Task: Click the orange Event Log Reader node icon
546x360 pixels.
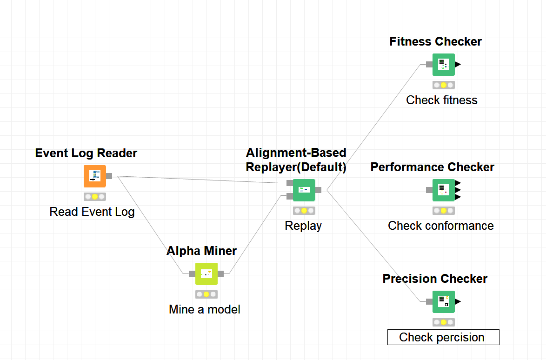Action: coord(95,176)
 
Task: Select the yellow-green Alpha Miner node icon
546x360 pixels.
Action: coord(206,274)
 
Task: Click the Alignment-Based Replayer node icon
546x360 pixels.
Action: coord(304,190)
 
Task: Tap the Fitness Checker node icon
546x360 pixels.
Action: coord(443,65)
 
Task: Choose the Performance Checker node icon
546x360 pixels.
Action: coord(443,190)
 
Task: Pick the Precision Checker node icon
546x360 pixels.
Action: coord(443,301)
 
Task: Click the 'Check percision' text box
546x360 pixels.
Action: coord(443,337)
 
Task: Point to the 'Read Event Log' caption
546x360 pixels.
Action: coord(92,212)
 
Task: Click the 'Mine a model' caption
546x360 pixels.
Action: coord(205,309)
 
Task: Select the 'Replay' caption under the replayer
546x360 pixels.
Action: coord(303,226)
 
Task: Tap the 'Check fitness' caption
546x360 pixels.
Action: coord(441,100)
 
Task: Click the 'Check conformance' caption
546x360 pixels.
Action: coord(440,226)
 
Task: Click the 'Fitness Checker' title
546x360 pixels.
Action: coord(435,42)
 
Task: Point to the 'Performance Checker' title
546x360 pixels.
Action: coord(432,167)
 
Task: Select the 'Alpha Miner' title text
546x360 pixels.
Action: coord(201,251)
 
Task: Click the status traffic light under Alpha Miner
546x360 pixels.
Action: coord(206,294)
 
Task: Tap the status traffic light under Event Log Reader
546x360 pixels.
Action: coord(95,197)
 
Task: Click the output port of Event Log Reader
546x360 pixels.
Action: coord(109,176)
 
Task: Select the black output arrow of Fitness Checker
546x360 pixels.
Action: coord(458,65)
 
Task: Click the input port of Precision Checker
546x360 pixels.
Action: coord(429,301)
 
